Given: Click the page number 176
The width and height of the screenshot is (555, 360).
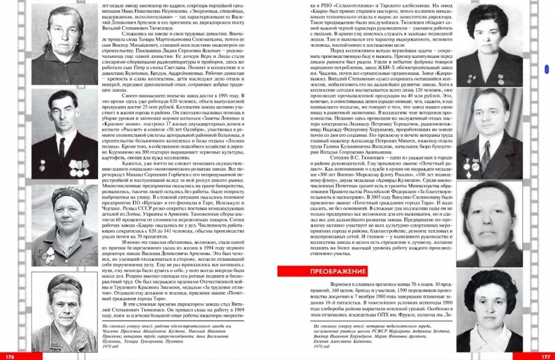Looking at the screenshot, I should click(x=9, y=356).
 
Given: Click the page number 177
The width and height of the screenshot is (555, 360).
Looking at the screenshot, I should click(x=545, y=356).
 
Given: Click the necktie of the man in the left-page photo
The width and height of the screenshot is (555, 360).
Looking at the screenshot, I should click(x=60, y=147).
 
